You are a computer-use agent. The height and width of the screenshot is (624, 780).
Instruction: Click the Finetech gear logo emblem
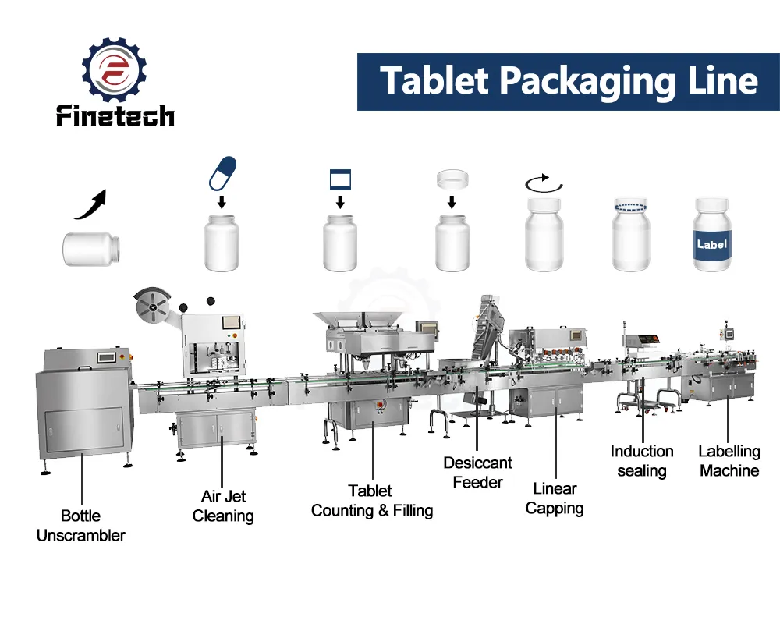pyautogui.click(x=115, y=69)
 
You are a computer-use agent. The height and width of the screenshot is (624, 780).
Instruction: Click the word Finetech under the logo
pyautogui.click(x=115, y=116)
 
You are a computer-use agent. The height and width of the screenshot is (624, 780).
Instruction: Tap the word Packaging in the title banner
pyautogui.click(x=587, y=82)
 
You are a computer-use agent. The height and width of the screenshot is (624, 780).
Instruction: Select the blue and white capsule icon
pyautogui.click(x=222, y=174)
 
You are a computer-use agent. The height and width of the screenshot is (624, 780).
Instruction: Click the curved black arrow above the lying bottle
pyautogui.click(x=91, y=204)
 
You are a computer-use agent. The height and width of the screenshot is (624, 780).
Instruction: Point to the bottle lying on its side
pyautogui.click(x=91, y=250)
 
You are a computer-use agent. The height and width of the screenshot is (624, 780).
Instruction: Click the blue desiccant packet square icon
pyautogui.click(x=340, y=179)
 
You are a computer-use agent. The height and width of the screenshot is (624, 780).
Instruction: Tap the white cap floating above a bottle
pyautogui.click(x=452, y=179)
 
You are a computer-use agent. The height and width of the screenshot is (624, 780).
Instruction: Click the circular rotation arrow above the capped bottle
pyautogui.click(x=544, y=183)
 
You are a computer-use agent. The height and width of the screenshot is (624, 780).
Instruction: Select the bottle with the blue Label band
pyautogui.click(x=712, y=234)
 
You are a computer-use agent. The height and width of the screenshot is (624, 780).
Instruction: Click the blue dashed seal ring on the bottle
pyautogui.click(x=631, y=205)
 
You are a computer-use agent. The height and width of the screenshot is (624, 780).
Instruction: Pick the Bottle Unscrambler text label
pyautogui.click(x=80, y=526)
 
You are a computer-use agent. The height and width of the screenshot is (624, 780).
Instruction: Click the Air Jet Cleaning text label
pyautogui.click(x=223, y=506)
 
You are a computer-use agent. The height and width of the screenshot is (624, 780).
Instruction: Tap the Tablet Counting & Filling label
pyautogui.click(x=371, y=501)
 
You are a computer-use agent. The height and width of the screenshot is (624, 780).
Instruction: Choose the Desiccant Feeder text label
pyautogui.click(x=477, y=472)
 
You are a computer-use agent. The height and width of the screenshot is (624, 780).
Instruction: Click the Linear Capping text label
pyautogui.click(x=554, y=498)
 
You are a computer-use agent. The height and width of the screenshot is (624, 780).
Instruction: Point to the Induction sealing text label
pyautogui.click(x=642, y=461)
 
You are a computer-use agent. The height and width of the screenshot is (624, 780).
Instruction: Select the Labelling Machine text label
pyautogui.click(x=729, y=461)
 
